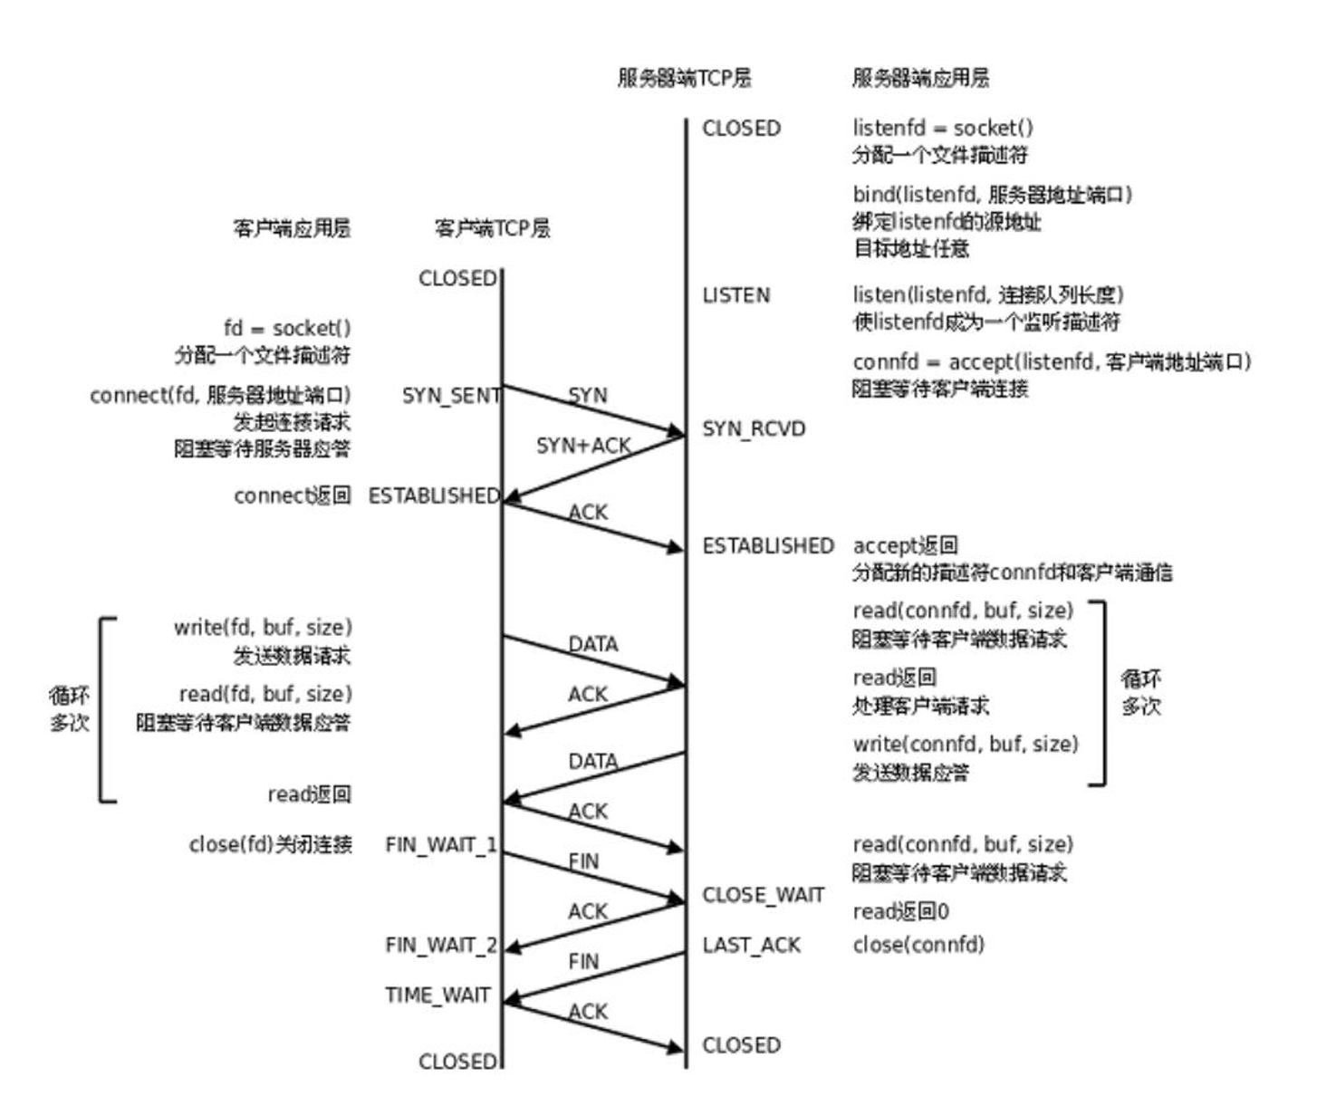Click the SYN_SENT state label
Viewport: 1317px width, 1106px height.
(x=450, y=396)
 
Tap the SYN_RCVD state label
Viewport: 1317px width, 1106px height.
(x=754, y=429)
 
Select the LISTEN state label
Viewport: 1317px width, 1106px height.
(x=735, y=295)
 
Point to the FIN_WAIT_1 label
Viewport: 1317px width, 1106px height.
(x=440, y=845)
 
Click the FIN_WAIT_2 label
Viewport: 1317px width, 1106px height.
(x=440, y=946)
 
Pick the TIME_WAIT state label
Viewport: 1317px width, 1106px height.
(x=437, y=995)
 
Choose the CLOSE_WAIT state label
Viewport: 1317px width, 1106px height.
(x=763, y=896)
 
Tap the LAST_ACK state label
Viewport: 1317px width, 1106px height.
(x=751, y=946)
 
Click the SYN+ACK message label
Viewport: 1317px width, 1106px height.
(x=582, y=446)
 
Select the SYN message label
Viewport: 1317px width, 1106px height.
(x=588, y=396)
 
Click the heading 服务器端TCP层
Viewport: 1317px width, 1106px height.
(x=684, y=78)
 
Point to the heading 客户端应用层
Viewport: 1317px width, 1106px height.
(x=292, y=228)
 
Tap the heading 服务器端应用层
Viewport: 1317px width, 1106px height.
(x=920, y=78)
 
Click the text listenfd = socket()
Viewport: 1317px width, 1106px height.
(x=942, y=128)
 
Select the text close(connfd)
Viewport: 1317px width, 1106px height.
(x=918, y=946)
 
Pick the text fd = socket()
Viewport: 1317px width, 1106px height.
(x=286, y=328)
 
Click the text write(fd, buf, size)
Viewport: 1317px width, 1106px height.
(x=263, y=628)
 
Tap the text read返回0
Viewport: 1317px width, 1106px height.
(x=900, y=911)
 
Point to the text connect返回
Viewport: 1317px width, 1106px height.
(x=292, y=495)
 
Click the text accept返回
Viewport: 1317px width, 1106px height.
(x=905, y=545)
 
